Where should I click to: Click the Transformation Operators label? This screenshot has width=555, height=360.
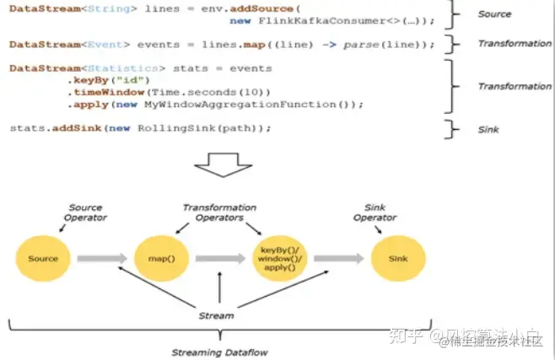click(219, 212)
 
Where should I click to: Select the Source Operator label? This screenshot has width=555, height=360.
click(86, 212)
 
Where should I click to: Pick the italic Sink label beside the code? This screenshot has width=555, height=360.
click(488, 129)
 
